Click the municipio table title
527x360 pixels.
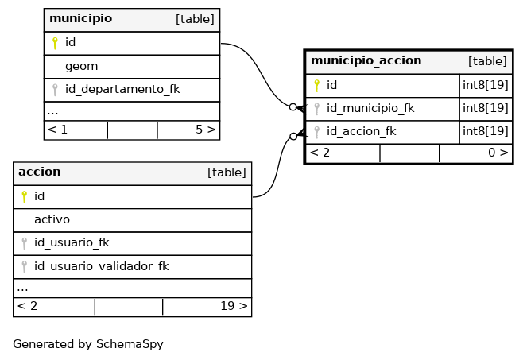[80, 18]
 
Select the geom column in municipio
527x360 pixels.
[81, 66]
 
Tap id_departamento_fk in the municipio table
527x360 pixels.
[122, 90]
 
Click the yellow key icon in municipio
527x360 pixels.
[55, 43]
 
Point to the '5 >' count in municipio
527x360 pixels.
[205, 130]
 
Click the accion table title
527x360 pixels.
[39, 172]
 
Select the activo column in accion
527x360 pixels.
[52, 219]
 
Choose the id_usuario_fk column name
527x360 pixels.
[72, 242]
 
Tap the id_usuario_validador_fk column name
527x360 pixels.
[101, 266]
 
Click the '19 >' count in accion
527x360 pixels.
[234, 306]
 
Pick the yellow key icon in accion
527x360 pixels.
[24, 197]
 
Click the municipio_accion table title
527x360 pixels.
[366, 61]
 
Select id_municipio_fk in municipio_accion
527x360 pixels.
[370, 108]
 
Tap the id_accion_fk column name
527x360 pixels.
[362, 131]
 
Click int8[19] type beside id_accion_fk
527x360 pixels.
[486, 131]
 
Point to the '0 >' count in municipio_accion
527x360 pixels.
[498, 153]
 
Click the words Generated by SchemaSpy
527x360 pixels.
[88, 344]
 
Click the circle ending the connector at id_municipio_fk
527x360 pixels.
[293, 107]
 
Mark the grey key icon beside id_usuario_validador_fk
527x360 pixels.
[24, 267]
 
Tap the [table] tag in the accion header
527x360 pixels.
[227, 172]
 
